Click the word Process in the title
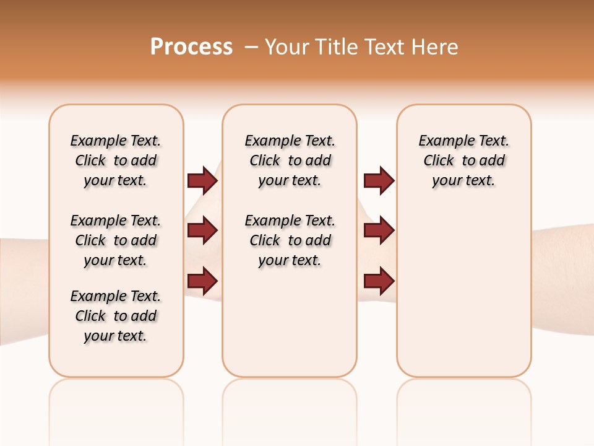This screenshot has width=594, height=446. click(x=191, y=46)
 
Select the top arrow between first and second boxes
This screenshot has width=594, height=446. click(x=202, y=181)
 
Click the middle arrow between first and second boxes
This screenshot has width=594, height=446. click(x=202, y=231)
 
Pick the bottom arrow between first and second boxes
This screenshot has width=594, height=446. click(x=202, y=281)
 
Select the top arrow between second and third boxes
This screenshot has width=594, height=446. click(x=379, y=181)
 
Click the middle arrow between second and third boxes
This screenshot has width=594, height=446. click(x=379, y=231)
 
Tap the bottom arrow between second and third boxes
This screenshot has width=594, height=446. click(x=379, y=281)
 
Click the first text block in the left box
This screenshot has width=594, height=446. click(x=116, y=160)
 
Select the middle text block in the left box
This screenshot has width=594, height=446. click(x=116, y=240)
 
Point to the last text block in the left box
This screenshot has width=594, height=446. click(x=116, y=316)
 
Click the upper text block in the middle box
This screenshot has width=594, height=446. click(x=290, y=160)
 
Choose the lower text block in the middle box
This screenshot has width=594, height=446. click(x=290, y=240)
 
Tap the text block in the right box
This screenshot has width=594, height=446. click(x=463, y=160)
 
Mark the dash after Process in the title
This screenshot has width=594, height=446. click(x=251, y=46)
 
